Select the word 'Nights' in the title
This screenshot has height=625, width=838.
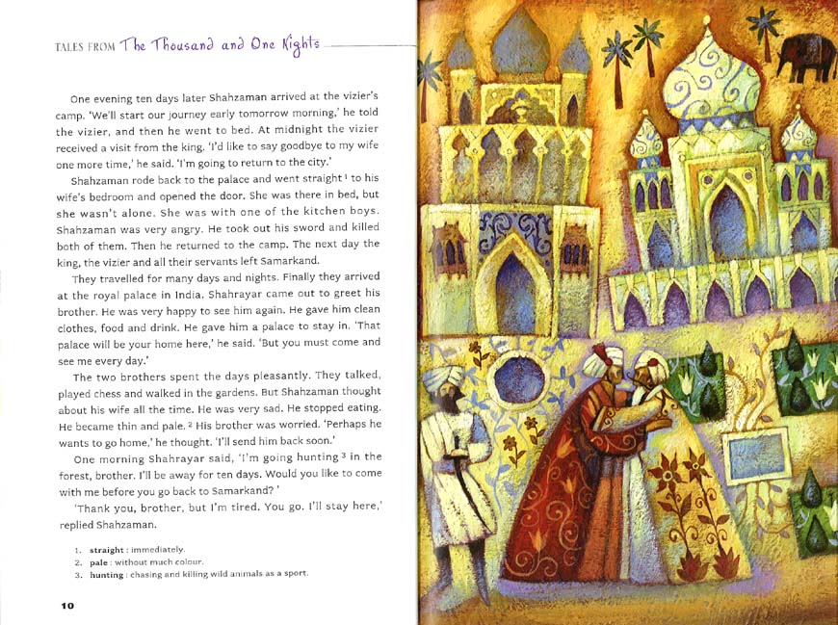pyautogui.click(x=299, y=45)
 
